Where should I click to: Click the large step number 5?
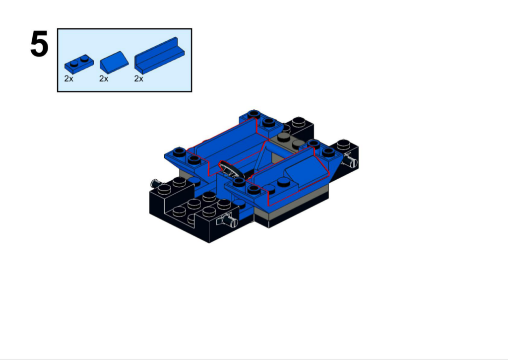click(39, 44)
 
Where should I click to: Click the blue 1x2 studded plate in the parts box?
click(79, 64)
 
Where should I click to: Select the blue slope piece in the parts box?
click(114, 62)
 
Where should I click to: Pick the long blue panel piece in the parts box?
click(159, 55)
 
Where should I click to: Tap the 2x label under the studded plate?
click(68, 78)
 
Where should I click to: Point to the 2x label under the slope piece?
click(104, 78)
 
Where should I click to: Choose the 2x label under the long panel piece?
click(139, 78)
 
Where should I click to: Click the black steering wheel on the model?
click(231, 169)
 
